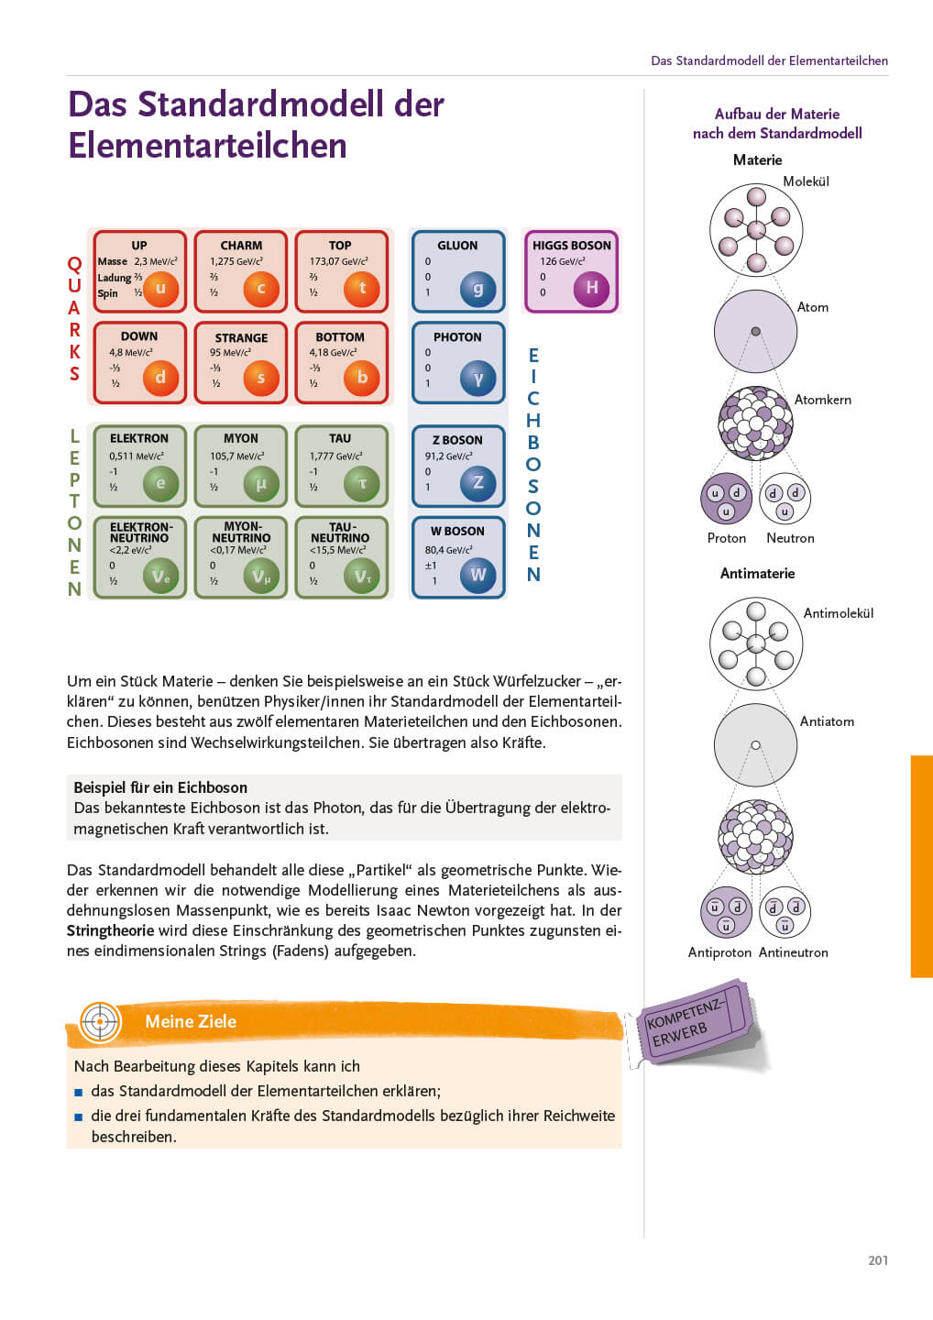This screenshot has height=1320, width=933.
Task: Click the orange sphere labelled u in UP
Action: pyautogui.click(x=160, y=288)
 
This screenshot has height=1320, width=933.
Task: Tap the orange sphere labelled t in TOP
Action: pyautogui.click(x=362, y=288)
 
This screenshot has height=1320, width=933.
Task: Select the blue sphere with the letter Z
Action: pyautogui.click(x=477, y=482)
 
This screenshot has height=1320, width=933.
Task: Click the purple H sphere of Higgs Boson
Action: pyautogui.click(x=591, y=288)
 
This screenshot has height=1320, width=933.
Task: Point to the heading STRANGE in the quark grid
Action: pyautogui.click(x=241, y=337)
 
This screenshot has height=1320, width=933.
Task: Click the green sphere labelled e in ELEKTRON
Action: pyautogui.click(x=160, y=483)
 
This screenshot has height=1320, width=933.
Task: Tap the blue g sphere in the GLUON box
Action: pyautogui.click(x=477, y=288)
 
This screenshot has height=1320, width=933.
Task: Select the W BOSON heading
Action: pyautogui.click(x=457, y=531)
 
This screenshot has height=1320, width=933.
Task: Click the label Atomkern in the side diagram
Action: pyautogui.click(x=822, y=400)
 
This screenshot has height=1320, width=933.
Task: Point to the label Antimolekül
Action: pyautogui.click(x=838, y=613)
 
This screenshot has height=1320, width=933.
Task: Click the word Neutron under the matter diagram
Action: pyautogui.click(x=790, y=538)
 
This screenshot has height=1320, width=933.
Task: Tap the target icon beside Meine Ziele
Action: pyautogui.click(x=100, y=1021)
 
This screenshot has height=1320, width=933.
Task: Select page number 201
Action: pyautogui.click(x=877, y=1260)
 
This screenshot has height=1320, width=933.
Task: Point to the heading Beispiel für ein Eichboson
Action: pyautogui.click(x=160, y=787)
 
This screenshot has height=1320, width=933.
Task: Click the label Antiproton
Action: pyautogui.click(x=719, y=952)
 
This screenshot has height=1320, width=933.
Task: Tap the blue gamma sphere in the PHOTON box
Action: pyautogui.click(x=477, y=378)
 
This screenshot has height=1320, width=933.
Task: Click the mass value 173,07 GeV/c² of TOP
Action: pyautogui.click(x=338, y=261)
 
